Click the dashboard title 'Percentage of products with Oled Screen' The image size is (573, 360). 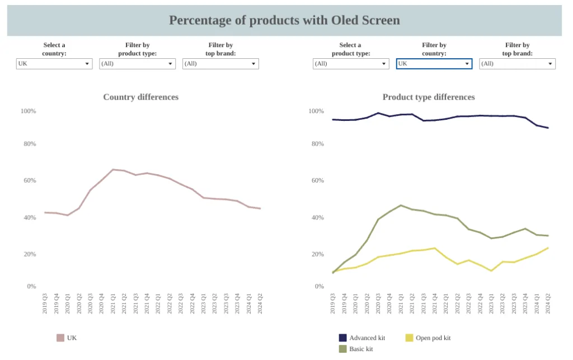[x=284, y=21]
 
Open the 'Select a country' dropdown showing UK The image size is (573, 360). [x=54, y=64]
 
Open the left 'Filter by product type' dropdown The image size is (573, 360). [x=137, y=64]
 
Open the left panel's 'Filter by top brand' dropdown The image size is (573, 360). [x=220, y=64]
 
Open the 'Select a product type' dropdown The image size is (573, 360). [x=350, y=64]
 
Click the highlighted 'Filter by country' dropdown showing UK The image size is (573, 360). [x=434, y=64]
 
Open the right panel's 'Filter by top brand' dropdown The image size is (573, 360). [x=517, y=64]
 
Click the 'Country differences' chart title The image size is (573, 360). [x=141, y=97]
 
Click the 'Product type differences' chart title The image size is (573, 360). [x=429, y=97]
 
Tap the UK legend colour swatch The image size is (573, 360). [x=60, y=338]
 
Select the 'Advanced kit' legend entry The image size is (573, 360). [x=367, y=338]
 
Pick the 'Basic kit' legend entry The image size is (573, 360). [x=361, y=349]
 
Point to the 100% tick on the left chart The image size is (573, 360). [x=29, y=111]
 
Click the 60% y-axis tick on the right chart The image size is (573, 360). [x=317, y=180]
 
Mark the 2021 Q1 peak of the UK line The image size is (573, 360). [x=112, y=170]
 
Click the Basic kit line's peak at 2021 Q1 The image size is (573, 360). [x=401, y=205]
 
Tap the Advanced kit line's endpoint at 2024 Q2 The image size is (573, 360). [x=548, y=128]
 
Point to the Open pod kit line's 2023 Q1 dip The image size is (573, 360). [x=491, y=271]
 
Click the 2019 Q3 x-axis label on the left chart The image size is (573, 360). [x=45, y=303]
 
